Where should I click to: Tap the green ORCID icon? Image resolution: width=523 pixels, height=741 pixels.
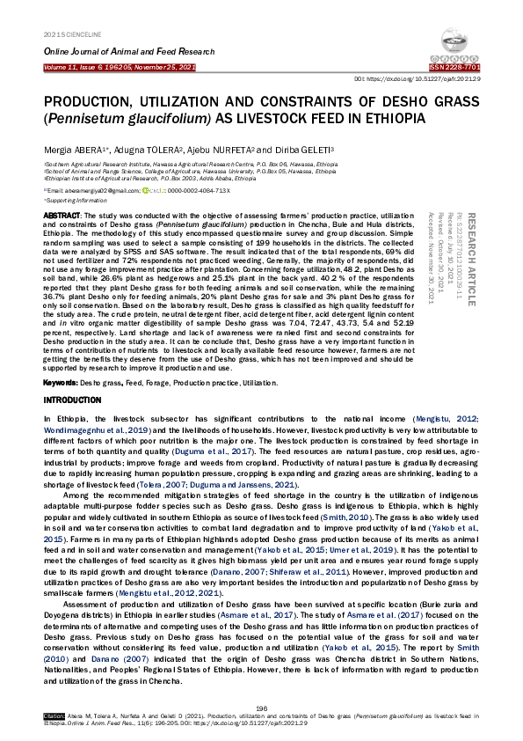tap(147, 190)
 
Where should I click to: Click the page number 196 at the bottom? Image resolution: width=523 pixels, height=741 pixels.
tap(261, 708)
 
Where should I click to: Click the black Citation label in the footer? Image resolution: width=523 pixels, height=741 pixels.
tap(53, 717)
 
